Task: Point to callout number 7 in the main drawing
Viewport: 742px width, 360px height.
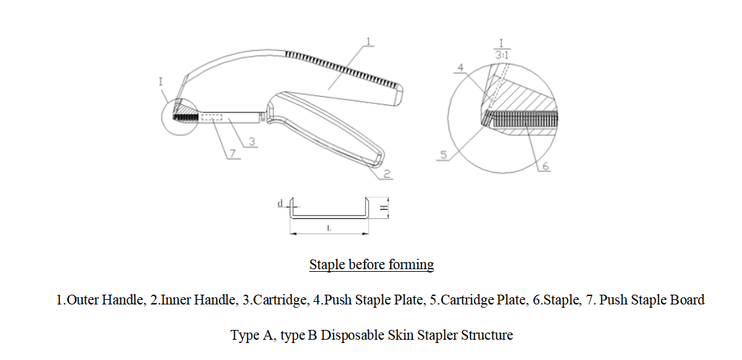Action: pyautogui.click(x=231, y=154)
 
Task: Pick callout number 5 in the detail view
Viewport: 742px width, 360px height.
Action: pyautogui.click(x=444, y=155)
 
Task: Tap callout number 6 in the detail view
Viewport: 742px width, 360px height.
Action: pyautogui.click(x=545, y=166)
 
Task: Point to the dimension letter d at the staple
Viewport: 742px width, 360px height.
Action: pyautogui.click(x=280, y=204)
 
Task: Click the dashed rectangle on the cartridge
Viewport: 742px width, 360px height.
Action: pyautogui.click(x=212, y=117)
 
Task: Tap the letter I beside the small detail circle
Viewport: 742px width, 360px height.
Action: pyautogui.click(x=161, y=82)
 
